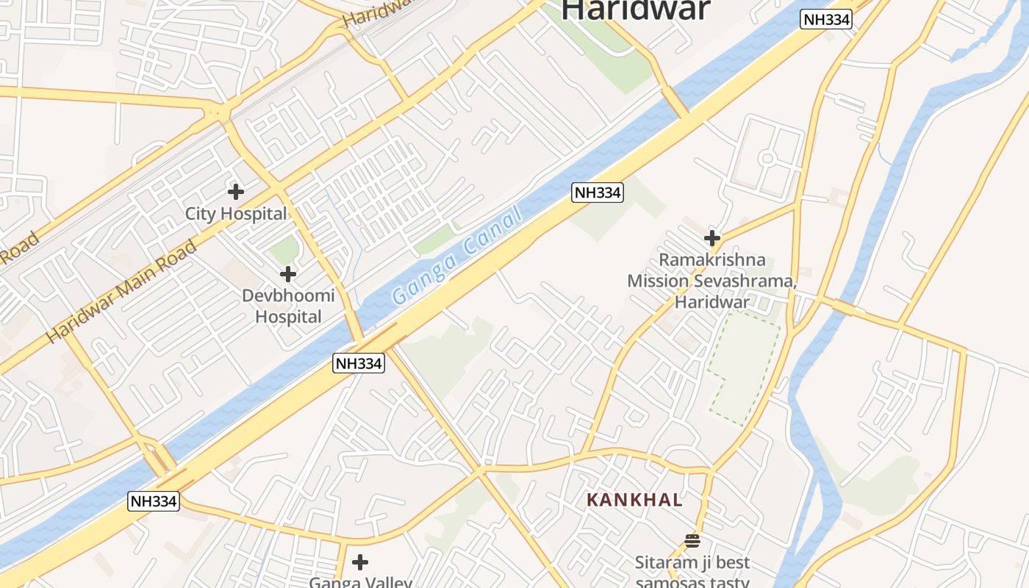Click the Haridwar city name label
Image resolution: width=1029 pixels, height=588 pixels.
coord(636,10)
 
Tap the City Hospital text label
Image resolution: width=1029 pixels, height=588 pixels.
coord(236,214)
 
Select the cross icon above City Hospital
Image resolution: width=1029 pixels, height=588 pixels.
coord(236,192)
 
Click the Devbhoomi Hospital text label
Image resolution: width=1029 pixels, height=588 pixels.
coord(288,306)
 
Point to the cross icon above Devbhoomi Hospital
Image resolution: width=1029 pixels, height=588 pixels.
coord(288,274)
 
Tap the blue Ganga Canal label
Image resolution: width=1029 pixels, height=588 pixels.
coord(457,255)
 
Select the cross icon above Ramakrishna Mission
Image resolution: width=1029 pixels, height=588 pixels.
coord(711,238)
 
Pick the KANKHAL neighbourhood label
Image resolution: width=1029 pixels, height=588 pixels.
coord(634,501)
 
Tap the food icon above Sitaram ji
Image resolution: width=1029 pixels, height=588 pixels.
coord(692,541)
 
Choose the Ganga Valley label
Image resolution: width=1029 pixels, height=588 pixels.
coord(360,583)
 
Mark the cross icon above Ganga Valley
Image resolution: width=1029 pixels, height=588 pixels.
coord(360,562)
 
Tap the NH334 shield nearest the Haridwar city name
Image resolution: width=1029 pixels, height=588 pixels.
coord(826,20)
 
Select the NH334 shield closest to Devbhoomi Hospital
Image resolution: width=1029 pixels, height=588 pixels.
coord(359,363)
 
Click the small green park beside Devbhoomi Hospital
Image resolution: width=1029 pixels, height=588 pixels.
coord(284,251)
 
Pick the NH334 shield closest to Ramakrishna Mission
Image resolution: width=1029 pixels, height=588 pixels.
coord(598,193)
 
